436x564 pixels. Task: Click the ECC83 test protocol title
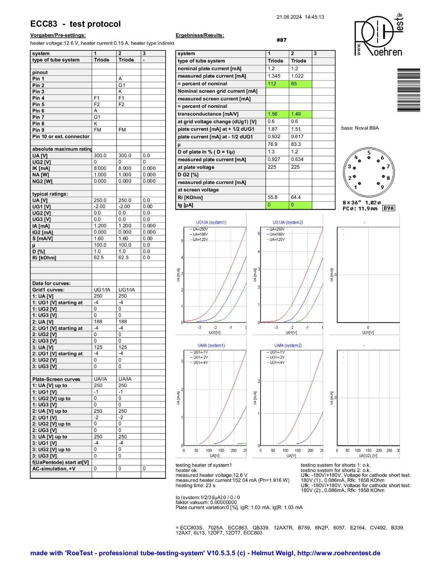[75, 24]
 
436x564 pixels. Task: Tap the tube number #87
[281, 40]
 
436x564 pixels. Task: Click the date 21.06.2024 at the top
[289, 17]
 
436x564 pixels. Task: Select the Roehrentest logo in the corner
[379, 35]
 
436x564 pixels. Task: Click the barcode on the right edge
[409, 90]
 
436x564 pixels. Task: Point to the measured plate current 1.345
[274, 76]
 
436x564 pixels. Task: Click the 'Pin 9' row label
[38, 130]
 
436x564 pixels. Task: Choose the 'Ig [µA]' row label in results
[186, 205]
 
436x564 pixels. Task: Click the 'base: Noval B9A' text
[360, 128]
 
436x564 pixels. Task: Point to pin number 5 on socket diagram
[369, 153]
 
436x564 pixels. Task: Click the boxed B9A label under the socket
[388, 208]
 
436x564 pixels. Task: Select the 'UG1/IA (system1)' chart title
[211, 222]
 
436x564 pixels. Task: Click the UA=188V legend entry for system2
[277, 234]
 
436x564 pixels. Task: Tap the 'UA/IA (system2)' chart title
[288, 345]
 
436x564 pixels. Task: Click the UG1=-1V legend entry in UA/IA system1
[200, 352]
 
